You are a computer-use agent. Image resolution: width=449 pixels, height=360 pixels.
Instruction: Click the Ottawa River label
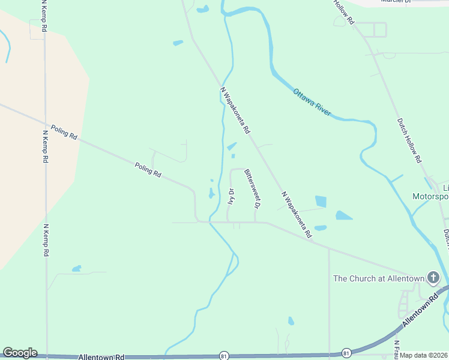tap(312, 102)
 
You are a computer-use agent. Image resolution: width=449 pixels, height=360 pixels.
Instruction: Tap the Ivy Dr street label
tap(231, 197)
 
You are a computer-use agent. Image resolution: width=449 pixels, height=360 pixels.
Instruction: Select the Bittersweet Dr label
tap(252, 188)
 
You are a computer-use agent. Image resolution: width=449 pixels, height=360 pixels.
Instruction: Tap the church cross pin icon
tap(433, 278)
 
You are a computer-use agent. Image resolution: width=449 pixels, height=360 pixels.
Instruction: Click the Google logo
tap(20, 353)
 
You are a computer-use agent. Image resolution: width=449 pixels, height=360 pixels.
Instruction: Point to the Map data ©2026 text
tap(424, 355)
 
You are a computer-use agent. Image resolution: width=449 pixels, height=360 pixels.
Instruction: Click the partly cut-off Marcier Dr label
tap(396, 2)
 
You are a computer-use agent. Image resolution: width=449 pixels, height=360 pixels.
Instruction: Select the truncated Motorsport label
tap(430, 196)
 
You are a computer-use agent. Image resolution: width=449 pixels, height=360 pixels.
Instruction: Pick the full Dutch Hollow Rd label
tap(410, 140)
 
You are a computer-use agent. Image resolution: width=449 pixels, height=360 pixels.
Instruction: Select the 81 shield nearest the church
tap(346, 352)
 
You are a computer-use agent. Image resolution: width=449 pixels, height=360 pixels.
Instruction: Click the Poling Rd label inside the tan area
tap(64, 133)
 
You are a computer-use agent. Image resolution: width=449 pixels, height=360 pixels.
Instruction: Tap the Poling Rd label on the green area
tap(148, 170)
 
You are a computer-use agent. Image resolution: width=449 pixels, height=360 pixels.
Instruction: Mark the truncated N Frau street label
tap(397, 349)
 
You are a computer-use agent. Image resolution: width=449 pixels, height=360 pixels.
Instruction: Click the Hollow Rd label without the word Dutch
tap(345, 12)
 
